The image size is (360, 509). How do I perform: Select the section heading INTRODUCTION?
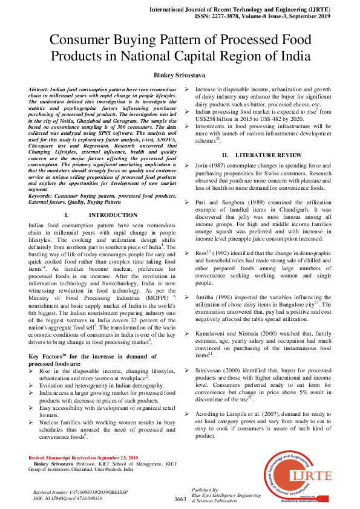(x=113, y=215)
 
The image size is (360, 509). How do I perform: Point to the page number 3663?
(x=180, y=499)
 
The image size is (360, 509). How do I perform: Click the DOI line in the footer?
(x=68, y=498)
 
